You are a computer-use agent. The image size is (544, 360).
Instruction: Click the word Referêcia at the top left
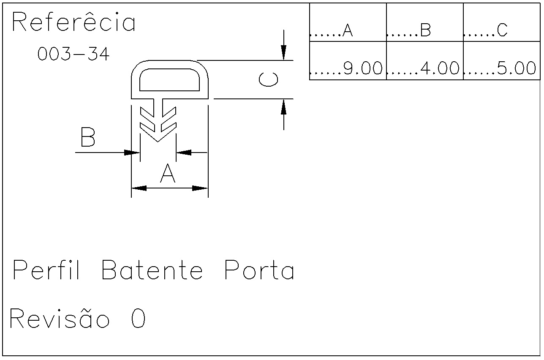point(73,22)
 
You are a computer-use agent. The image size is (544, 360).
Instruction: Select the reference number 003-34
point(73,54)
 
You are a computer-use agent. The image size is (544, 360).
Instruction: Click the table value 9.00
point(363,68)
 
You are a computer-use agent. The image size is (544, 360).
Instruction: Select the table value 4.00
point(440,68)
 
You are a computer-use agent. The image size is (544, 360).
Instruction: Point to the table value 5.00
point(517,68)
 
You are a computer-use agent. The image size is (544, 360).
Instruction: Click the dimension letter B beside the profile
point(88,137)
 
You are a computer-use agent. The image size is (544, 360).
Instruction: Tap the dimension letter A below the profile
point(168,173)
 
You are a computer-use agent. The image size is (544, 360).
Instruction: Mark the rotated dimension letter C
point(268,79)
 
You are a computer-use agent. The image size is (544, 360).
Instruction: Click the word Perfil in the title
point(46,270)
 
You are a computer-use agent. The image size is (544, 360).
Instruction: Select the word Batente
point(152,270)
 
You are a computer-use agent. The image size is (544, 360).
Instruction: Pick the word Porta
point(259,270)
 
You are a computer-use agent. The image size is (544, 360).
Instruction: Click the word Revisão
point(60,318)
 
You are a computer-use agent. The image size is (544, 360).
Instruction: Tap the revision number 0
point(138,318)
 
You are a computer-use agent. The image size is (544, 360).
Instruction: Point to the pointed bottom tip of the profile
point(158,142)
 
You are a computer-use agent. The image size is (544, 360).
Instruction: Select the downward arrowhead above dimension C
point(284,53)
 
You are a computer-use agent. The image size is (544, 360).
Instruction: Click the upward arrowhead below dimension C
point(284,106)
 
